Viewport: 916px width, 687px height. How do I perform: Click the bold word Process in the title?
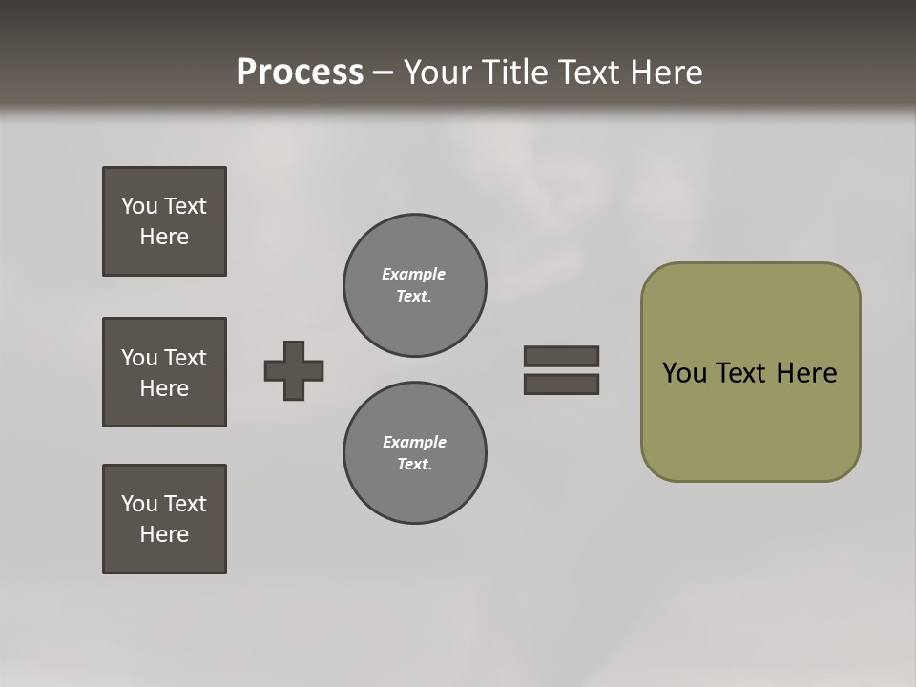pyautogui.click(x=300, y=73)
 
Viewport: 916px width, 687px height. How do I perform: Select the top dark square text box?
pyautogui.click(x=164, y=221)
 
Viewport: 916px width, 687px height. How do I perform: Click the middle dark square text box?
pyautogui.click(x=164, y=372)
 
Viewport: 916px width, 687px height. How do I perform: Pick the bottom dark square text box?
pyautogui.click(x=164, y=519)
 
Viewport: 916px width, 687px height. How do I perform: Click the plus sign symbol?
pyautogui.click(x=294, y=370)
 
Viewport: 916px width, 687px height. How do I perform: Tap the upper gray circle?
pyautogui.click(x=415, y=285)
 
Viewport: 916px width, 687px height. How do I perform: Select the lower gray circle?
pyautogui.click(x=415, y=453)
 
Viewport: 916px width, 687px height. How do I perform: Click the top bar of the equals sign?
pyautogui.click(x=561, y=356)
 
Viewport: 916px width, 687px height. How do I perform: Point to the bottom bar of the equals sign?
pyautogui.click(x=561, y=384)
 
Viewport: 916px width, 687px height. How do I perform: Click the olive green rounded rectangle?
pyautogui.click(x=750, y=420)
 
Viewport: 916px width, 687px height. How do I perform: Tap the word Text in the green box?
pyautogui.click(x=742, y=373)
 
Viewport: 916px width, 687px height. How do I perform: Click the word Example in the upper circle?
pyautogui.click(x=413, y=274)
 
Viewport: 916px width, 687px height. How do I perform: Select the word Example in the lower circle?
pyautogui.click(x=414, y=442)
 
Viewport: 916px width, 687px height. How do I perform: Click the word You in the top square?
pyautogui.click(x=139, y=206)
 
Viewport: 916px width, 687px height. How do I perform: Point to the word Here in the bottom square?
pyautogui.click(x=164, y=534)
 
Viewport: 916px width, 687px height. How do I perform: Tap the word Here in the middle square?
pyautogui.click(x=164, y=388)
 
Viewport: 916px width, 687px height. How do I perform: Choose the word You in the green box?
pyautogui.click(x=684, y=373)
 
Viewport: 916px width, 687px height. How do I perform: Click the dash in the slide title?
pyautogui.click(x=383, y=73)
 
